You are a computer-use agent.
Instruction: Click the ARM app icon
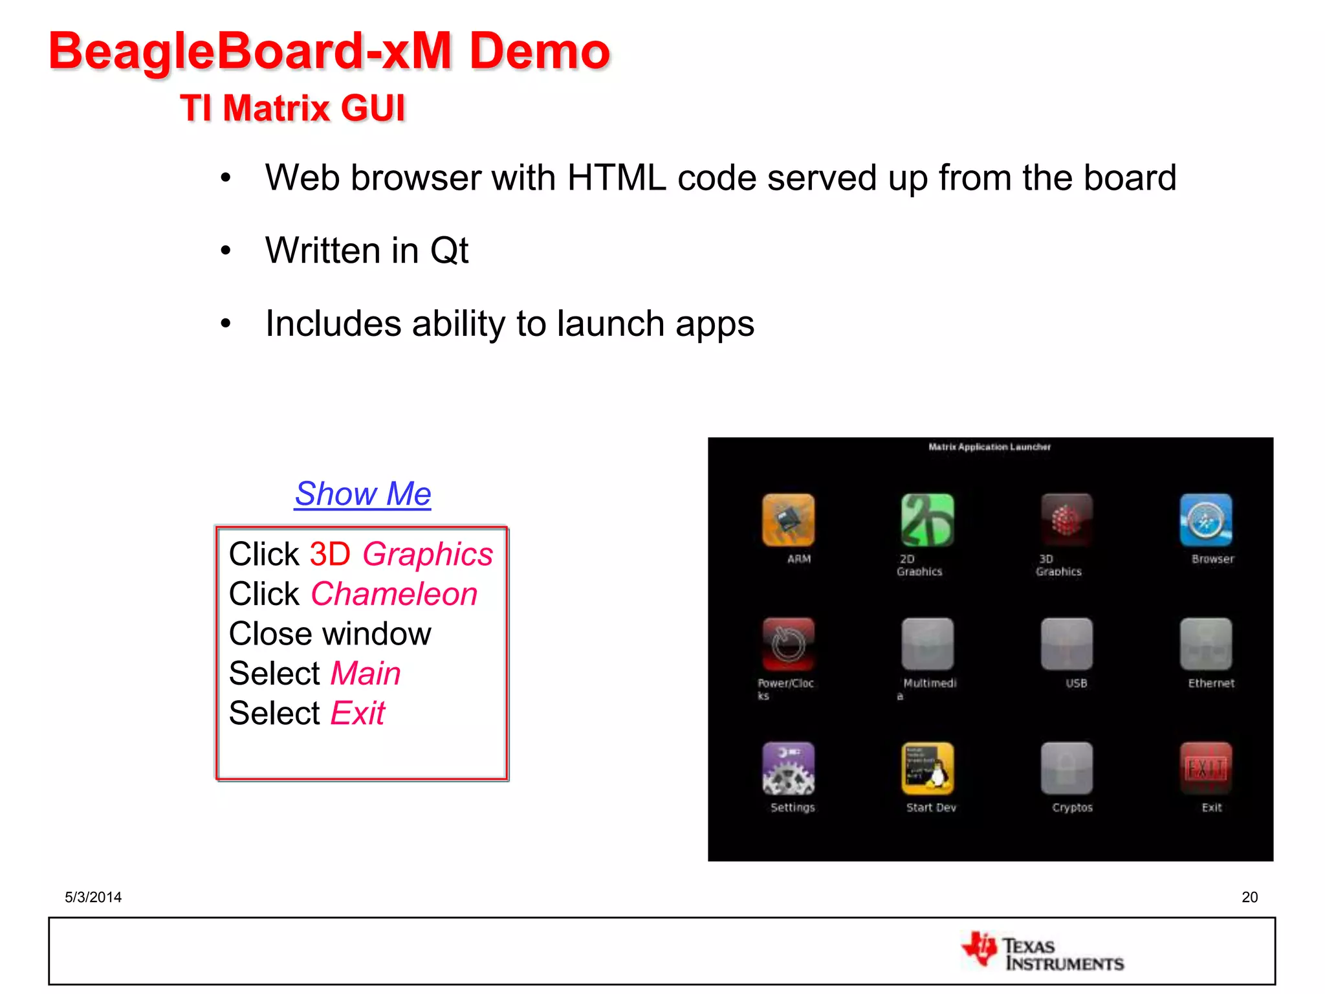788,520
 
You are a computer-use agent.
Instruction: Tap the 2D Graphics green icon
927,520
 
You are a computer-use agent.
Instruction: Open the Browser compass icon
1205,520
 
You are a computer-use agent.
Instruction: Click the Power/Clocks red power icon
788,644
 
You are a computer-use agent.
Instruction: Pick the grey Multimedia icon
927,644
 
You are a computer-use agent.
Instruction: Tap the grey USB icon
1066,644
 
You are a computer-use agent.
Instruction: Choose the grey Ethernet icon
1205,644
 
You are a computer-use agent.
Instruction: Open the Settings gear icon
788,768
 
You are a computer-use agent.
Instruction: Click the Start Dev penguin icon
927,768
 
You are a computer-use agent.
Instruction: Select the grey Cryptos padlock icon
1066,768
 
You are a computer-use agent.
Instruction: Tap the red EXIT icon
1205,768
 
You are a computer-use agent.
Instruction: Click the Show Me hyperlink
362,494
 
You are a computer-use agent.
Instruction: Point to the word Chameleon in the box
394,594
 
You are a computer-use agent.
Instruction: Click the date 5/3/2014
93,897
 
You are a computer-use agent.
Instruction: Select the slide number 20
1249,897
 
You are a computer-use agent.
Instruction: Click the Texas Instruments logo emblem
979,949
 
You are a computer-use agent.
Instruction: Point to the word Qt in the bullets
449,250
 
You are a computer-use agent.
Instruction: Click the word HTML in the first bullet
617,177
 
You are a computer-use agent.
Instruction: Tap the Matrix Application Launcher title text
989,447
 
